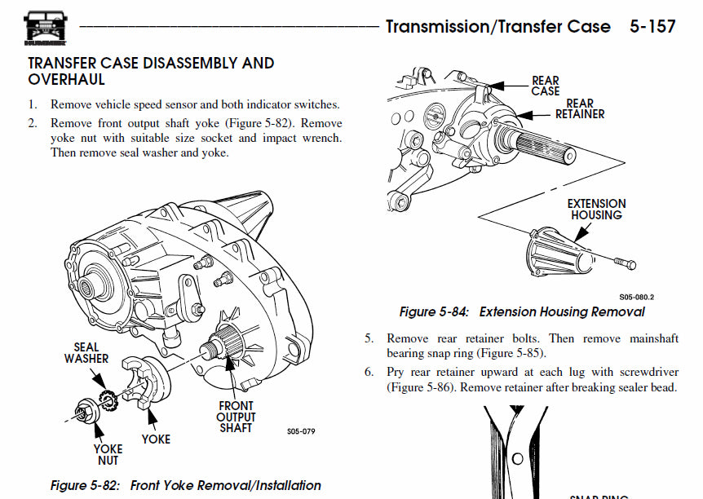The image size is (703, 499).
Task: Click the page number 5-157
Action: coord(652,26)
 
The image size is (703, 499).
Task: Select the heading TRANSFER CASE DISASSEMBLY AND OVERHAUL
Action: coord(151,71)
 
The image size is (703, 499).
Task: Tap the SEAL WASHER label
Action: coord(86,352)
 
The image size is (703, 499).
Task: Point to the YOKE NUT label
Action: coord(108,454)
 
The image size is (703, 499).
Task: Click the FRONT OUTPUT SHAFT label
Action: coord(236,417)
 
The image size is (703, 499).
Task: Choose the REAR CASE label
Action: coord(546,86)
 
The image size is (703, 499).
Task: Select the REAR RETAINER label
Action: coord(580,108)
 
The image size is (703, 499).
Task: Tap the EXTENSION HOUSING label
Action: coord(596,210)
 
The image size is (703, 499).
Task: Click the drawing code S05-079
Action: coord(301,432)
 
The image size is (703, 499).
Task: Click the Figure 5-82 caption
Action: coord(186,485)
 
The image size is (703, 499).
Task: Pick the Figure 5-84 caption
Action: coord(522,311)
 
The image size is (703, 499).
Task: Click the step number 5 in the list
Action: coord(369,338)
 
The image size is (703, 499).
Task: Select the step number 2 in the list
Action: coord(33,123)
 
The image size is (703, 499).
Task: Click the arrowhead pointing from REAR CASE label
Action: coord(493,85)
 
